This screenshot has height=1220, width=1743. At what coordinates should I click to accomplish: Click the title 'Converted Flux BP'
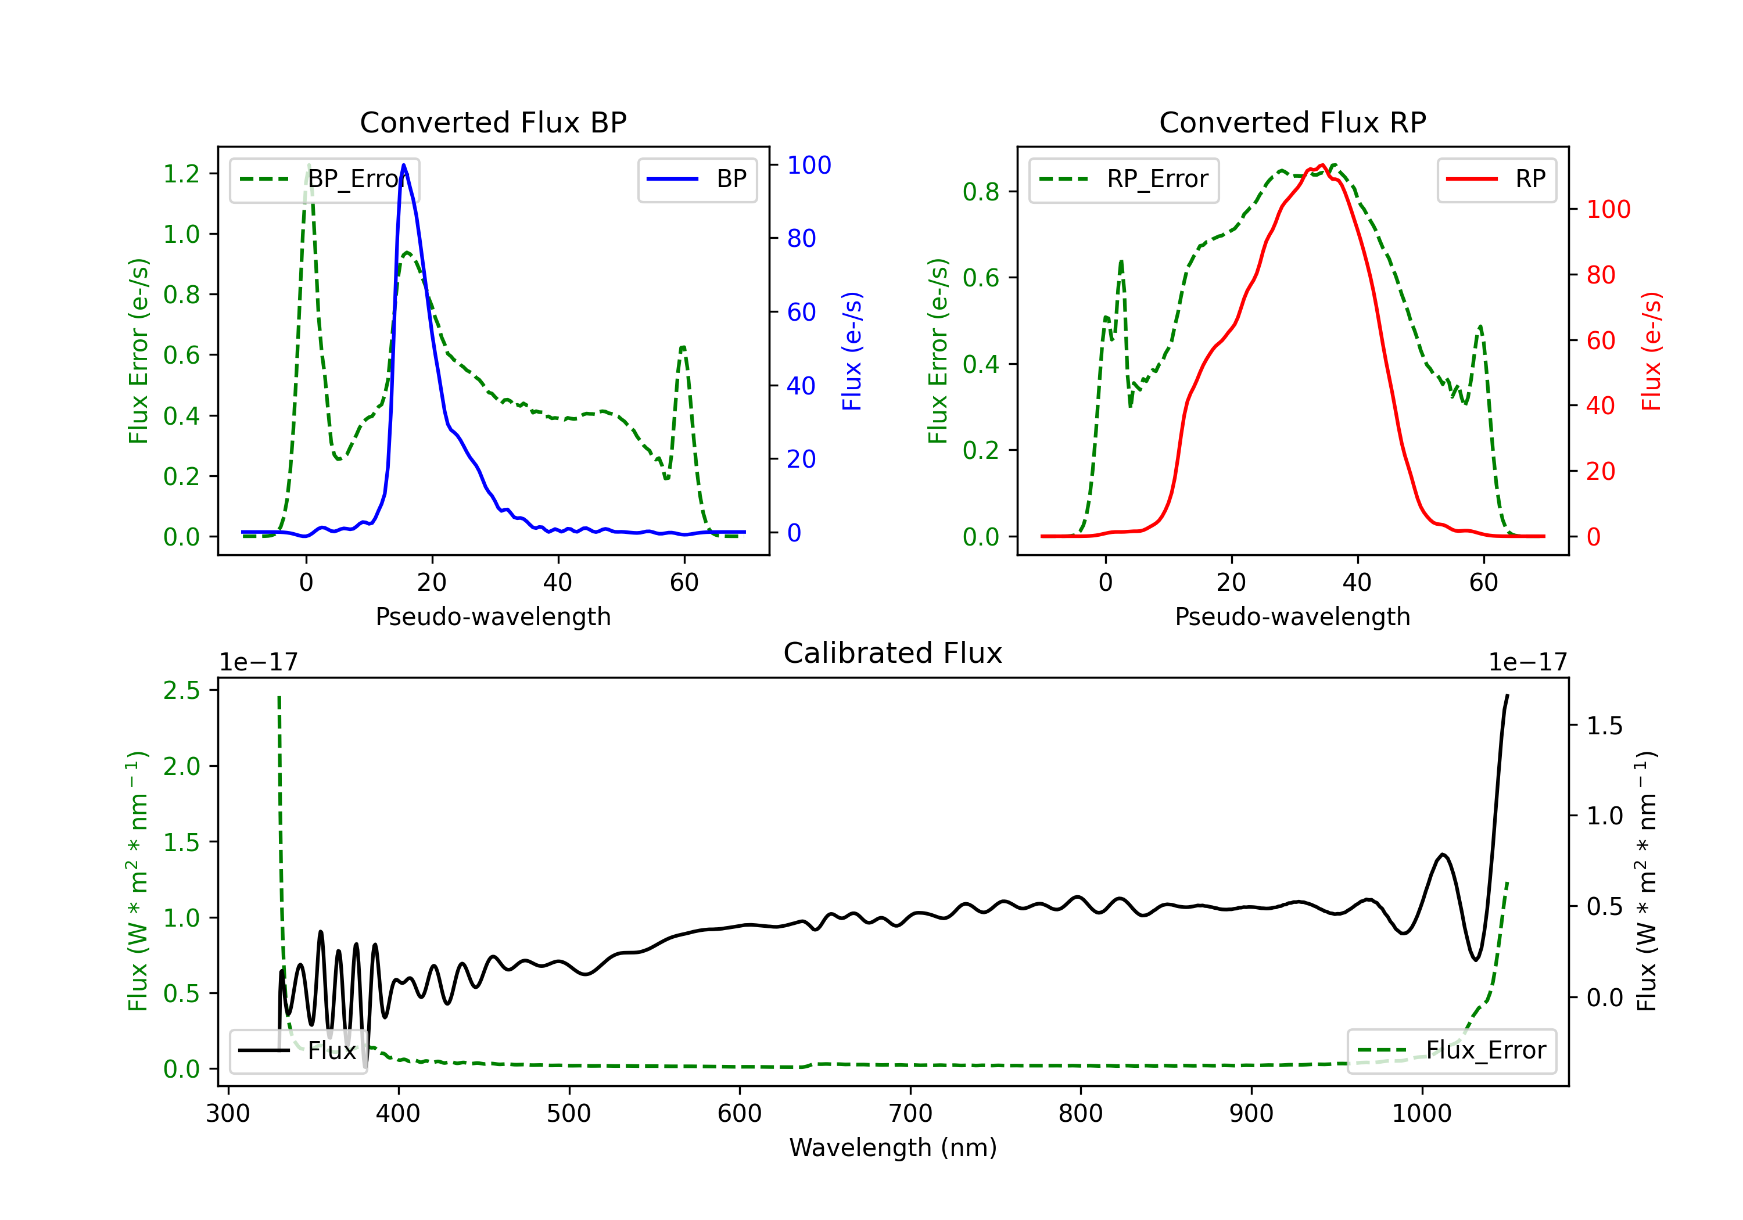pyautogui.click(x=493, y=122)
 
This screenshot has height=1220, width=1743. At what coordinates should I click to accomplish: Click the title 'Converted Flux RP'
pyautogui.click(x=1292, y=122)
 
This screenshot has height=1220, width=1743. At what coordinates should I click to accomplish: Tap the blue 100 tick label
pyautogui.click(x=809, y=166)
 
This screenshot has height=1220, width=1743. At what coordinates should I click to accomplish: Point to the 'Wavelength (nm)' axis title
pyautogui.click(x=893, y=1148)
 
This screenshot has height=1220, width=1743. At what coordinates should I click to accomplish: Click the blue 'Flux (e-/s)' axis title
pyautogui.click(x=852, y=351)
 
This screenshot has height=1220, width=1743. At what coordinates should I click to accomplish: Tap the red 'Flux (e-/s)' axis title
pyautogui.click(x=1651, y=351)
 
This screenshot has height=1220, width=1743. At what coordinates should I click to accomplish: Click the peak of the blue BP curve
pyautogui.click(x=404, y=165)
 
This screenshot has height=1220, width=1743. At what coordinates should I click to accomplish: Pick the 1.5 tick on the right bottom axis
pyautogui.click(x=1605, y=726)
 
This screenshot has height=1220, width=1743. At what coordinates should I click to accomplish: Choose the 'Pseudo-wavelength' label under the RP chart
pyautogui.click(x=1292, y=616)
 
